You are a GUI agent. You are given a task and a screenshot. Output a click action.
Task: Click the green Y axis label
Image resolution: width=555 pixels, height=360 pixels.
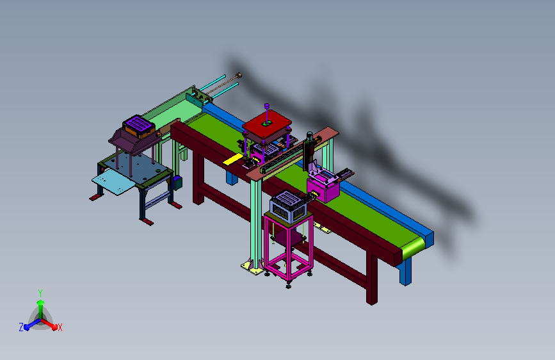click(40, 293)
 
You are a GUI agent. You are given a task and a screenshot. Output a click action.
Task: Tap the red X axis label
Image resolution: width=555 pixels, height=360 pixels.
click(60, 327)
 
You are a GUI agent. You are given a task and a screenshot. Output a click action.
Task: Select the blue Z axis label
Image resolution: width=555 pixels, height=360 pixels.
click(21, 327)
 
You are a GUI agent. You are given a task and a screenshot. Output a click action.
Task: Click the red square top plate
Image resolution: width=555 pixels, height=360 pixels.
click(267, 126)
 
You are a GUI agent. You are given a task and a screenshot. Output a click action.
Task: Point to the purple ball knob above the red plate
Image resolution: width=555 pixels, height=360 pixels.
click(267, 106)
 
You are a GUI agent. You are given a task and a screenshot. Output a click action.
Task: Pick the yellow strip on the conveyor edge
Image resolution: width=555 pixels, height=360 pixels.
click(233, 159)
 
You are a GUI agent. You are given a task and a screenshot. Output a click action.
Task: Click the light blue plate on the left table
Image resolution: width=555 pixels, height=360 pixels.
click(113, 181)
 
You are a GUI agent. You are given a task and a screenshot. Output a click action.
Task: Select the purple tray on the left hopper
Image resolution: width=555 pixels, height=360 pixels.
click(140, 124)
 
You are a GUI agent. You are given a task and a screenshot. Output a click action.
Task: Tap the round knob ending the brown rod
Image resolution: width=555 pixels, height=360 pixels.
click(239, 75)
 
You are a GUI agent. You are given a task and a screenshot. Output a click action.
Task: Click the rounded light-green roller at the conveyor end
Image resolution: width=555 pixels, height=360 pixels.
click(413, 248)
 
